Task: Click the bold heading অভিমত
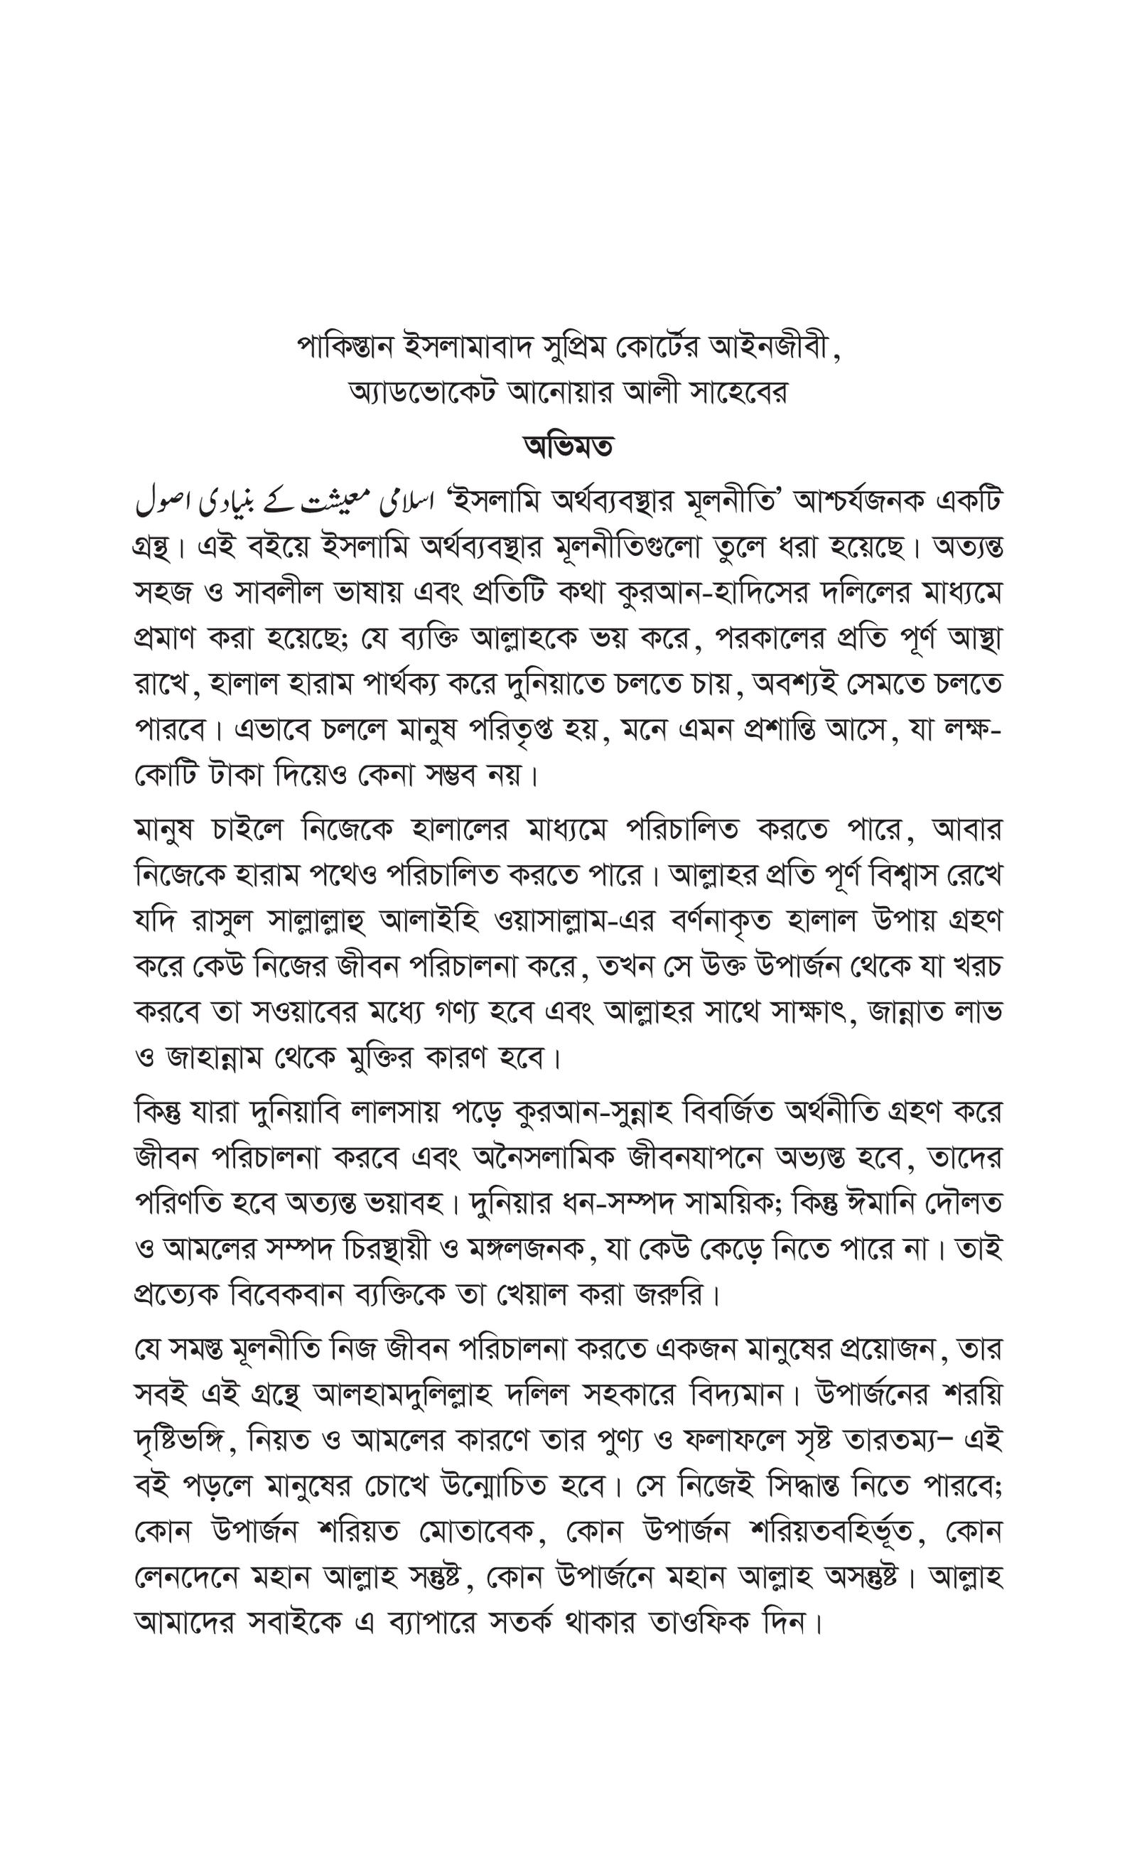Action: coord(568,446)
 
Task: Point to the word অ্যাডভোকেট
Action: coord(424,392)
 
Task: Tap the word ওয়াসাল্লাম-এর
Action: coord(573,921)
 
